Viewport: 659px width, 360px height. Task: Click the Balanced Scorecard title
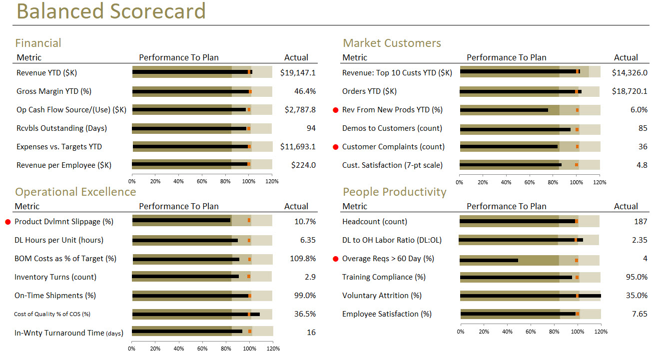[x=110, y=11]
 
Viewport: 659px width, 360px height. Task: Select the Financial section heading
[x=38, y=43]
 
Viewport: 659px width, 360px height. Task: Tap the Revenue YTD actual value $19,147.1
[x=298, y=73]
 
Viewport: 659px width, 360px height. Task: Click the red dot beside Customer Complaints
[x=336, y=147]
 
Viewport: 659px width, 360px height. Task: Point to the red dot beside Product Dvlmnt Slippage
[x=8, y=222]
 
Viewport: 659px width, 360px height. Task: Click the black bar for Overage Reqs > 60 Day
[x=489, y=260]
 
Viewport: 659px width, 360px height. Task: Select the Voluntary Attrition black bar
[x=530, y=296]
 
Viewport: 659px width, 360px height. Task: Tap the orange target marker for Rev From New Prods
[x=577, y=110]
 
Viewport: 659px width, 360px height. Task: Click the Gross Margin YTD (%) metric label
[x=54, y=91]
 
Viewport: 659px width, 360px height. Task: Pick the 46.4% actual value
[x=305, y=91]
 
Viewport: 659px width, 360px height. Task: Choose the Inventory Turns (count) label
[x=55, y=277]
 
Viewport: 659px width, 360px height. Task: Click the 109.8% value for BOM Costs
[x=303, y=259]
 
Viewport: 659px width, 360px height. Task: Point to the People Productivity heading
[x=394, y=192]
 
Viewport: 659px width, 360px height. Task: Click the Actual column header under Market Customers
[x=626, y=57]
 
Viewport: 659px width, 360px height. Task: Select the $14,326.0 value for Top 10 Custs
[x=630, y=73]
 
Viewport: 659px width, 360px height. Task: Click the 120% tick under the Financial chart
[x=272, y=182]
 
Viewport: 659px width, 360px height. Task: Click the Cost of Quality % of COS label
[x=52, y=314]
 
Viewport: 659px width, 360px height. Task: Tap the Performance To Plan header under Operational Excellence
[x=178, y=206]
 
